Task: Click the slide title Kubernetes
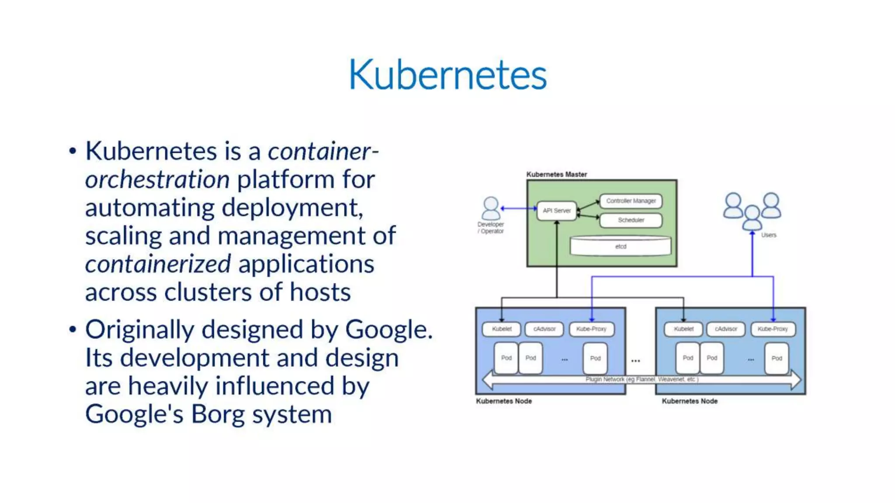click(447, 75)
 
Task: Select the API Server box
click(556, 210)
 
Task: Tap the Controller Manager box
click(631, 201)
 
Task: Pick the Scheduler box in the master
click(631, 220)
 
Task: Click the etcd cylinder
click(621, 246)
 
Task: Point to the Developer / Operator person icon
click(491, 208)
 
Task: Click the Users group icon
click(752, 210)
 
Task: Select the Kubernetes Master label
click(556, 174)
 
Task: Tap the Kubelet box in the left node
click(501, 329)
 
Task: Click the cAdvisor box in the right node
click(726, 329)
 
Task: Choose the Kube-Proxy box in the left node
click(591, 329)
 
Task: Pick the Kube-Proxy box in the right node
click(773, 329)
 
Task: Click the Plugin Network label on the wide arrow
click(642, 379)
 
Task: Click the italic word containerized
click(158, 264)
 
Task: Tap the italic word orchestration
click(157, 179)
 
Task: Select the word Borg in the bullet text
click(217, 414)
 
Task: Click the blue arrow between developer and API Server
click(519, 209)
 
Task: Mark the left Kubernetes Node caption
click(504, 401)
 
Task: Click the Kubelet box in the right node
click(683, 329)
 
